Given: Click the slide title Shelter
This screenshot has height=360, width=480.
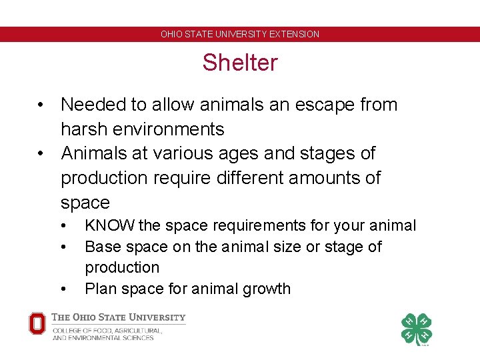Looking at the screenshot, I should [240, 63].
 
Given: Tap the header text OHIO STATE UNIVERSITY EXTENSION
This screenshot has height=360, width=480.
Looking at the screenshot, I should [240, 34].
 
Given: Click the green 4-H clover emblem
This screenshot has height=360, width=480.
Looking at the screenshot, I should [416, 329].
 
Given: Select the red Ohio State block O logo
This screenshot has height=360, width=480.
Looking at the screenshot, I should [37, 324].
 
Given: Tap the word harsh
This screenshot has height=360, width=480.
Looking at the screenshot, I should [83, 129].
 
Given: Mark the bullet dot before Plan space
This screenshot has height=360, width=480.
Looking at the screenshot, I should [63, 289].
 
